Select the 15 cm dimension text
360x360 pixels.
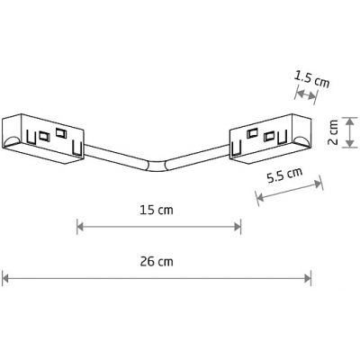tap(157, 212)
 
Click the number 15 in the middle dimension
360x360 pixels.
tap(148, 212)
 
